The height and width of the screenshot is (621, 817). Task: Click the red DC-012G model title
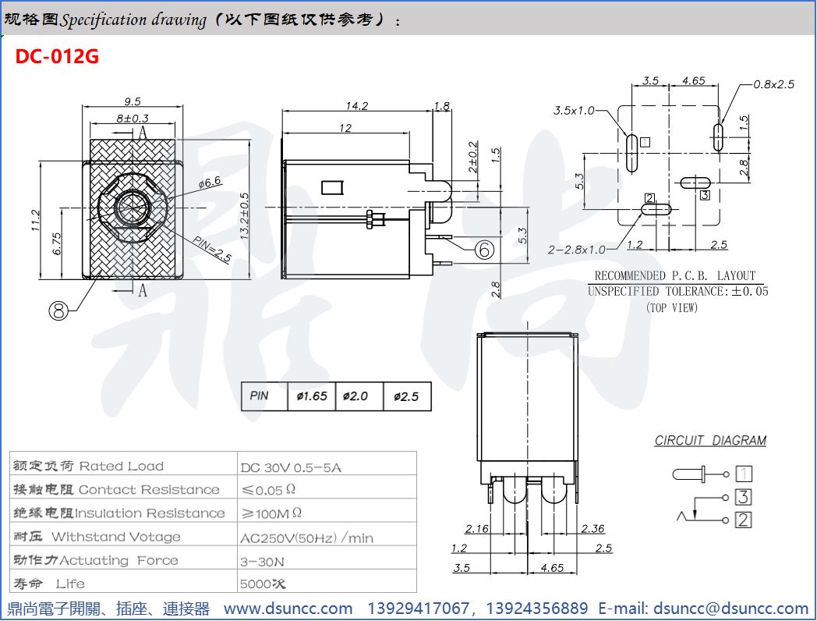click(57, 57)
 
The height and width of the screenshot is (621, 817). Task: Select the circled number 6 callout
click(483, 249)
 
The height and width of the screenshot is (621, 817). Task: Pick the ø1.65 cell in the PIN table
click(312, 396)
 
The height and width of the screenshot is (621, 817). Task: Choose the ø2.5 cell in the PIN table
click(406, 396)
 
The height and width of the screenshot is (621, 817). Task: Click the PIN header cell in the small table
click(260, 396)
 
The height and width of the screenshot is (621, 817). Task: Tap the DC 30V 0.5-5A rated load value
click(291, 467)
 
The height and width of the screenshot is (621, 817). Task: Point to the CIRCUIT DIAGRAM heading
click(710, 441)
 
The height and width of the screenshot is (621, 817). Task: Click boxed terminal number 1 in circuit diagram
click(744, 474)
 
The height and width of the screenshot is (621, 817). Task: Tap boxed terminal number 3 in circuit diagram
click(744, 497)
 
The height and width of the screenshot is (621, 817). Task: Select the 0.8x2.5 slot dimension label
click(773, 84)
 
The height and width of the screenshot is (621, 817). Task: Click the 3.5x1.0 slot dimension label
click(574, 111)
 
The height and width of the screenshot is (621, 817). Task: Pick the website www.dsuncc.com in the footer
click(288, 609)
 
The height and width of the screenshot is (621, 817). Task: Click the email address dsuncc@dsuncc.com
click(730, 609)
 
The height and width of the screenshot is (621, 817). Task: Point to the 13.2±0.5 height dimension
click(245, 215)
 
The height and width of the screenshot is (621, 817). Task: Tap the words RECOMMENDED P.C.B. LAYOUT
click(674, 275)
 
